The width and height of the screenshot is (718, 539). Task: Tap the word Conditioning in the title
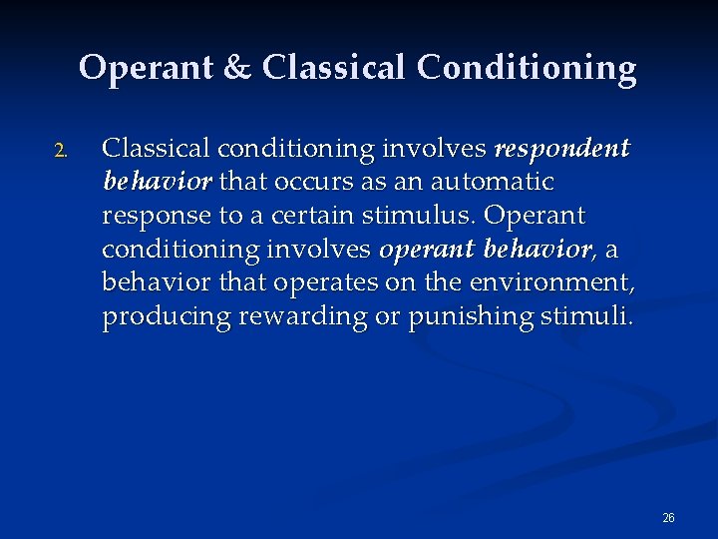coord(527,68)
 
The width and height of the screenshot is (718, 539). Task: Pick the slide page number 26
coord(668,517)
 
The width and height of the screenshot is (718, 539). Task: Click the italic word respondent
coord(562,149)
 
